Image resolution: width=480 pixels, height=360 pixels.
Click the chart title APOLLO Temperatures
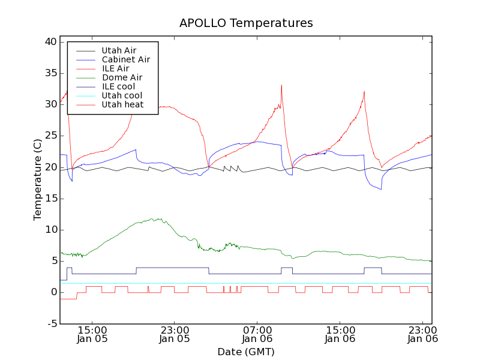tap(246, 23)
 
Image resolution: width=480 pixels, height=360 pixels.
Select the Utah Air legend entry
tap(119, 50)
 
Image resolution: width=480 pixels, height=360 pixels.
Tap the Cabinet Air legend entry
tap(125, 59)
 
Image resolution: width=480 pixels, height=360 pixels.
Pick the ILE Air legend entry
tap(115, 68)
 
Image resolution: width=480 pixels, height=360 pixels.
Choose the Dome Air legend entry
tap(122, 77)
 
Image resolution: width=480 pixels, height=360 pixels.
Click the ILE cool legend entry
tap(118, 86)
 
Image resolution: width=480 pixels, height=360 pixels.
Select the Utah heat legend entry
tap(122, 104)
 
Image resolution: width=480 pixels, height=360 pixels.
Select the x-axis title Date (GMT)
tap(246, 352)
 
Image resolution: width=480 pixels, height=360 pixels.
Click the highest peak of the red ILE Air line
tap(281, 85)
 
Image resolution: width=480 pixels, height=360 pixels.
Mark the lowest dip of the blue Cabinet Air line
tap(381, 190)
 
